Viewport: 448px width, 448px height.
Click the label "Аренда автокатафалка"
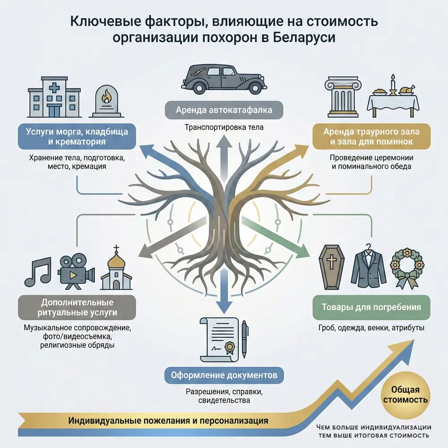(224, 109)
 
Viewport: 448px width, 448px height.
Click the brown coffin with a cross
(332, 268)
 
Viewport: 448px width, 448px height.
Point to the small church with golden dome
(116, 269)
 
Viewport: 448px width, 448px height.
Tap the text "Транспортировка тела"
(224, 127)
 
